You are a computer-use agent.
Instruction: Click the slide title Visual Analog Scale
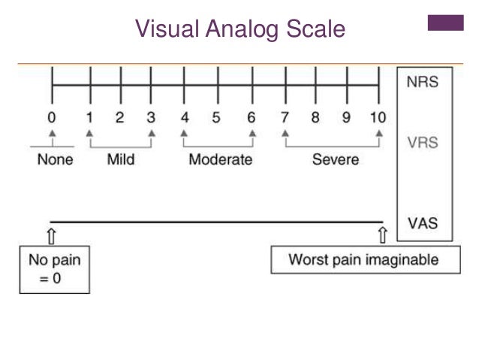[x=239, y=29]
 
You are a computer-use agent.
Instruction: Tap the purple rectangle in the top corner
[x=445, y=23]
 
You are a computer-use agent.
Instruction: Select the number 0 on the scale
[x=51, y=118]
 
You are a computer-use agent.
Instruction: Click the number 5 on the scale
[x=215, y=118]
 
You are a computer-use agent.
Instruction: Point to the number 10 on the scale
[x=378, y=118]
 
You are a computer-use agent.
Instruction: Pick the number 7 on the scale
[x=285, y=118]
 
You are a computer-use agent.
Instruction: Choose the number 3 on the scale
[x=152, y=118]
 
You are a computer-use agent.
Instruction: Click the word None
[x=55, y=159]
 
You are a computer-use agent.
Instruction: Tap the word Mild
[x=121, y=159]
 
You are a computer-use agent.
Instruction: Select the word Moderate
[x=220, y=159]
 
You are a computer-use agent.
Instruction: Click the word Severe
[x=336, y=159]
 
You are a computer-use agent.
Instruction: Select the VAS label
[x=423, y=223]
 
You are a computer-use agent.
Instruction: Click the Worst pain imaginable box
[x=364, y=261]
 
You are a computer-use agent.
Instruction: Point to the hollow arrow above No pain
[x=51, y=235]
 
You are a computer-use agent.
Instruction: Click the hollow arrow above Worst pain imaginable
[x=382, y=235]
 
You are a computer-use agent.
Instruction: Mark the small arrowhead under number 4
[x=183, y=134]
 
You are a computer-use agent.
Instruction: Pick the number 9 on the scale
[x=347, y=118]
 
